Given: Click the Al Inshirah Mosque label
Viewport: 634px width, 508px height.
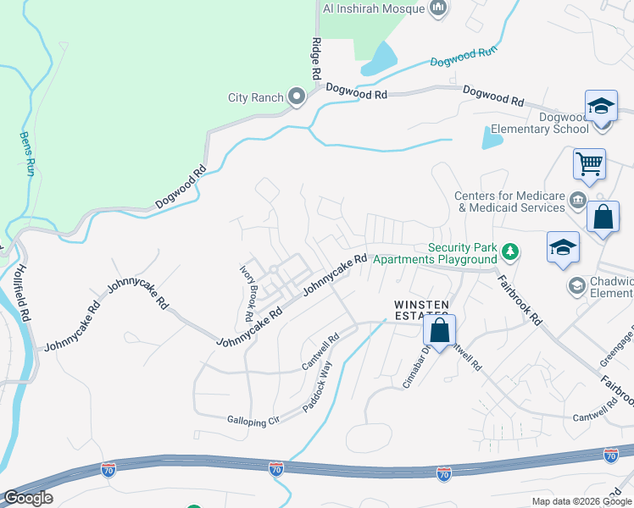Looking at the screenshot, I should [x=373, y=9].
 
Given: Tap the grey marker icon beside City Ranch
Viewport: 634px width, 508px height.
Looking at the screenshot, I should [x=296, y=97].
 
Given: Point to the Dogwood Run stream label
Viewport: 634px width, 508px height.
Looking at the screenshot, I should [x=463, y=57].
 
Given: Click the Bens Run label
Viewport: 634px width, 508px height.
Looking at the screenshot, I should [x=27, y=148].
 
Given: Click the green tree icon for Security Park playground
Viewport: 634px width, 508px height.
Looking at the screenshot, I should [x=509, y=251].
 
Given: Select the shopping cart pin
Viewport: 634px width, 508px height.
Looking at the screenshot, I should [x=589, y=163].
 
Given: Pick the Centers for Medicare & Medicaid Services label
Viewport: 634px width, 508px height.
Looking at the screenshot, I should [x=509, y=202].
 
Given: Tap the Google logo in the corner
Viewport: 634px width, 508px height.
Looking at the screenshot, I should [x=27, y=498].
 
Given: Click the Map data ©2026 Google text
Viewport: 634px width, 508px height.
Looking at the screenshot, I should [x=581, y=501].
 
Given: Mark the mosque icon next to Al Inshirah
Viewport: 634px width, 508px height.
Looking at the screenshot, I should [x=438, y=9].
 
